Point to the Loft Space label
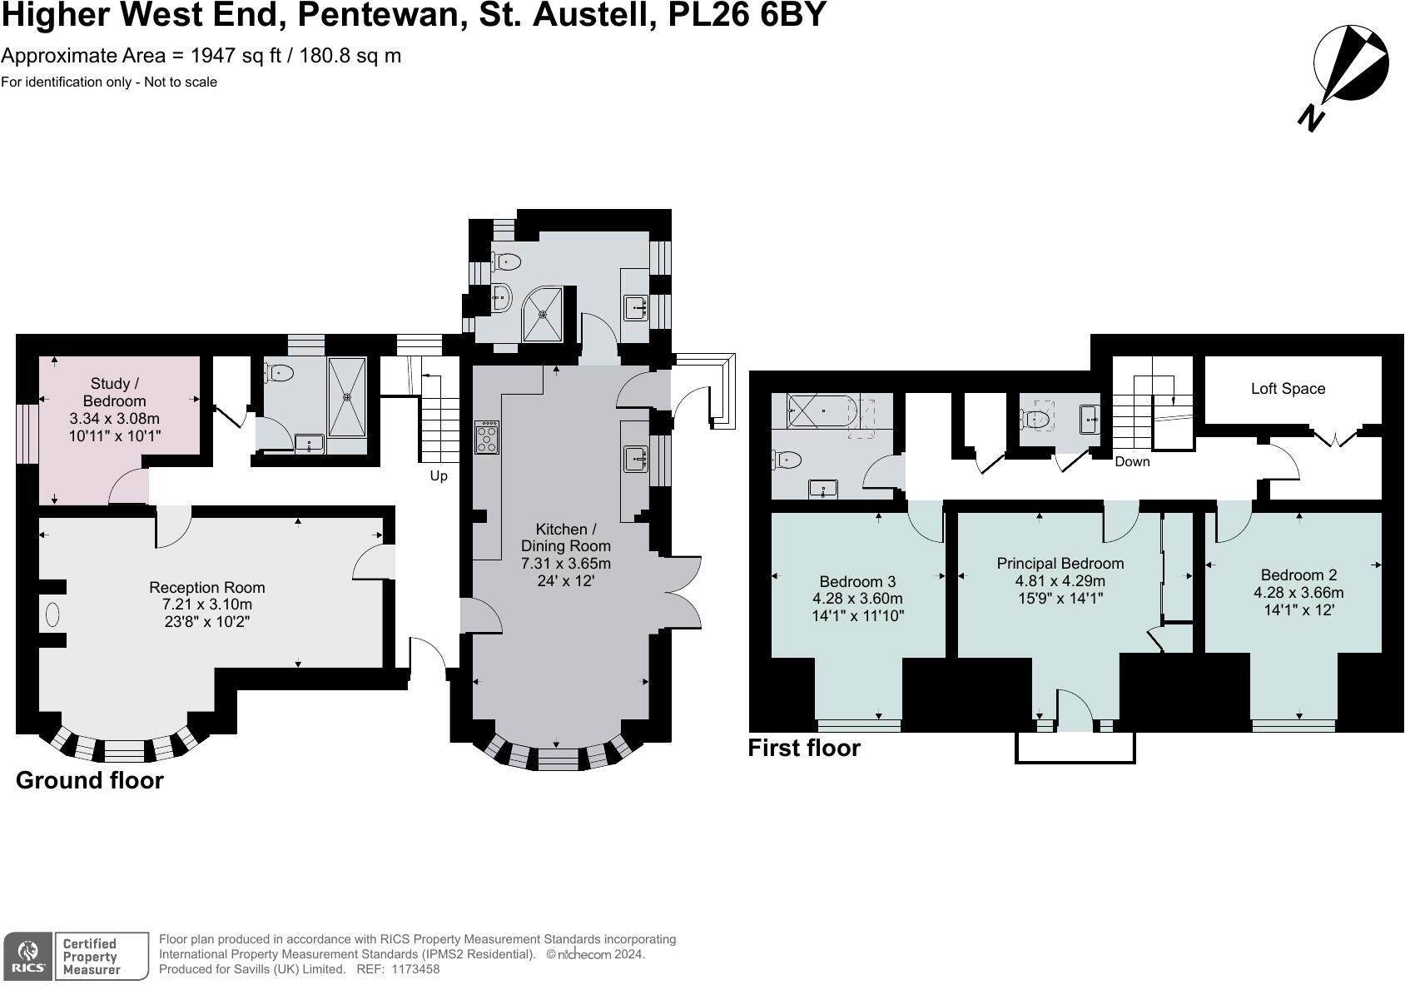[x=1288, y=389]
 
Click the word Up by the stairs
[x=439, y=476]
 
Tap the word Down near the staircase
[x=1131, y=461]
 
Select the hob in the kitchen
[x=487, y=437]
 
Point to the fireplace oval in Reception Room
[x=52, y=615]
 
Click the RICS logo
[x=29, y=956]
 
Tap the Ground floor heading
[x=90, y=780]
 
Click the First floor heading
[x=804, y=748]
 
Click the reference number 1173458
[x=415, y=969]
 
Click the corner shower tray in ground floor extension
[x=546, y=313]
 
